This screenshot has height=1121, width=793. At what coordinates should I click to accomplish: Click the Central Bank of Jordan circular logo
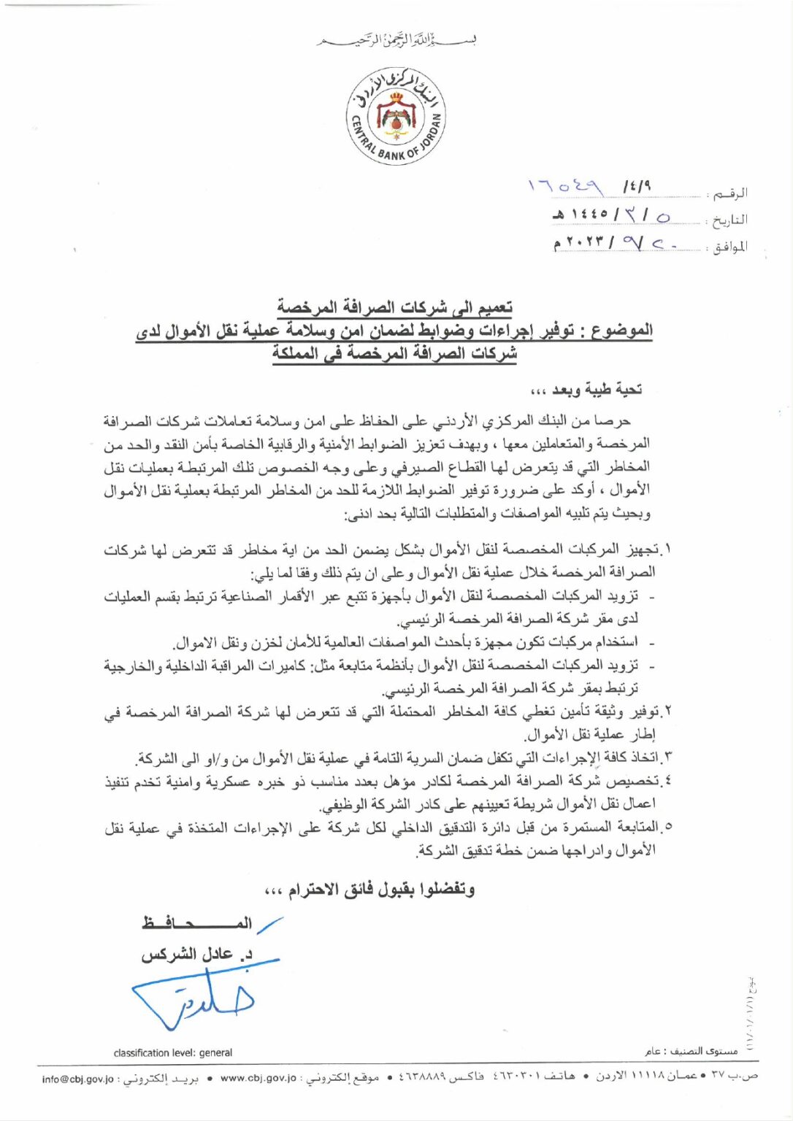click(396, 116)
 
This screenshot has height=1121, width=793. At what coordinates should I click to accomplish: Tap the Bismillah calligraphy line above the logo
click(396, 39)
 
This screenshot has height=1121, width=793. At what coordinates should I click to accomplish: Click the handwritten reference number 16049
click(566, 188)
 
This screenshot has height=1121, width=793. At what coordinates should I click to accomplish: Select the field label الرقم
click(729, 194)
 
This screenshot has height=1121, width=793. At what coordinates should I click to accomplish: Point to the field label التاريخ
click(729, 220)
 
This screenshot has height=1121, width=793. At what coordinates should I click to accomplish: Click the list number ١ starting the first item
click(667, 549)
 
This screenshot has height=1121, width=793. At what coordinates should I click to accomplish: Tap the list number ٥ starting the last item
click(667, 828)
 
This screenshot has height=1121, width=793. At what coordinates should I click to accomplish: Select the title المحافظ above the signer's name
click(197, 923)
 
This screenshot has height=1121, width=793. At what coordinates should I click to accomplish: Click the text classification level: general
click(173, 1052)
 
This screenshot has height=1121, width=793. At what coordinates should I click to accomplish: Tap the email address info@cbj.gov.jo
click(78, 1079)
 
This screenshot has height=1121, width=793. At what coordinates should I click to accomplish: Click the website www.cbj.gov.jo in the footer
click(258, 1078)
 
